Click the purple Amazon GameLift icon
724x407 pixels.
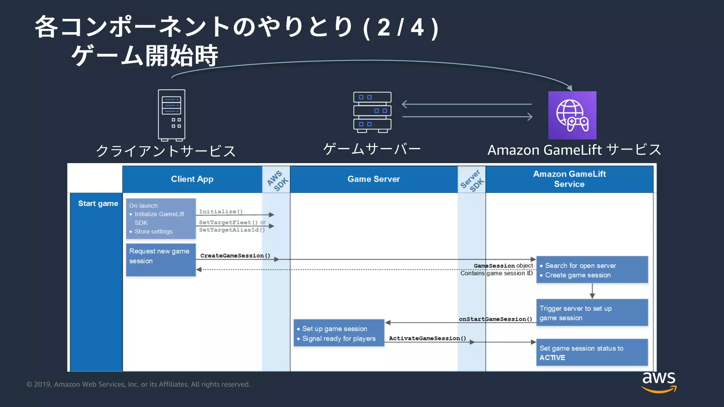tap(572, 115)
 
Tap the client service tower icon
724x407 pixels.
tap(171, 115)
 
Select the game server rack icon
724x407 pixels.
tap(372, 112)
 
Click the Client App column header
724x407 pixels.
tap(192, 179)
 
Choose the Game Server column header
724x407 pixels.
tap(374, 179)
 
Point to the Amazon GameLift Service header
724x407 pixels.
tap(569, 179)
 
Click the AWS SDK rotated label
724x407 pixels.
tap(277, 181)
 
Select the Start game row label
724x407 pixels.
tap(98, 203)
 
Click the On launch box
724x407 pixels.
tap(161, 219)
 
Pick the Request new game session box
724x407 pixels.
tap(161, 260)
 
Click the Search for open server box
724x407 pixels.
tap(592, 270)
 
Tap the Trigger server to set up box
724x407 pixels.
tap(592, 313)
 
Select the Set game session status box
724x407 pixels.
tap(592, 353)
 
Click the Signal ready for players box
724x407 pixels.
tap(339, 333)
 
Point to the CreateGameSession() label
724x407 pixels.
tap(235, 255)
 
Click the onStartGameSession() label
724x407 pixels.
tap(495, 319)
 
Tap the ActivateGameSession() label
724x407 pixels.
tap(427, 338)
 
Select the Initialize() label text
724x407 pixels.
tap(221, 211)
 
